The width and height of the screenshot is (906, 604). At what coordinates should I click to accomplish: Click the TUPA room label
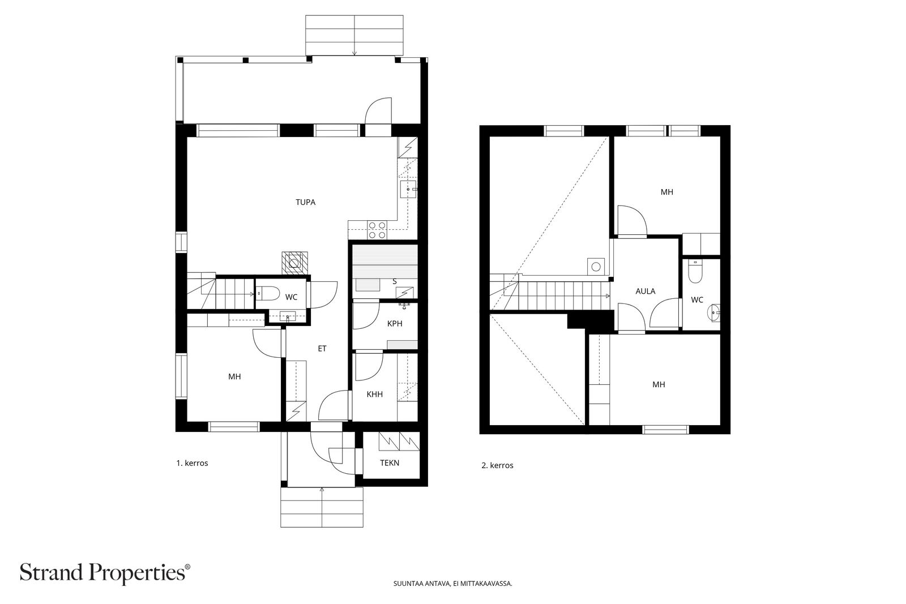coord(305,202)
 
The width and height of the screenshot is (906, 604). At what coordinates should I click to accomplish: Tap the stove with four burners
coord(377,230)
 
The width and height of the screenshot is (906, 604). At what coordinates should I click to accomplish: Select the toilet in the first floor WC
coord(267,294)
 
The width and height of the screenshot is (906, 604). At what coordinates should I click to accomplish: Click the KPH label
coord(395,324)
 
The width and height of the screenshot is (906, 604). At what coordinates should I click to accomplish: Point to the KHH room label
coord(374,394)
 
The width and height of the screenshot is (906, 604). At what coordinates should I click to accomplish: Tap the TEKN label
coord(390,463)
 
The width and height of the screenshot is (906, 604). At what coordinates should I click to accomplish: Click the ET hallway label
coord(322,349)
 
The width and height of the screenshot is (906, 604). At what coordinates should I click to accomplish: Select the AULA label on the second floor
coord(645,291)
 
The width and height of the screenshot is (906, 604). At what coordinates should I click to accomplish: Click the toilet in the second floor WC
coord(695,272)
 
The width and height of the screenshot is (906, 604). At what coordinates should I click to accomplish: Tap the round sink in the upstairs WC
coord(714,313)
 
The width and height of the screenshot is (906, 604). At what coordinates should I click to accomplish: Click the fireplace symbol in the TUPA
coord(294,263)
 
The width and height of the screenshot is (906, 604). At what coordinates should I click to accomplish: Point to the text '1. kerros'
coord(192,463)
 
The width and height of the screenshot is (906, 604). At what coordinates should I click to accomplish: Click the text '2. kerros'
coord(497,465)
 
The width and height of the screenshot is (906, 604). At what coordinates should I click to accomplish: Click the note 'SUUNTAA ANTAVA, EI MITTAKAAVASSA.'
coord(452,584)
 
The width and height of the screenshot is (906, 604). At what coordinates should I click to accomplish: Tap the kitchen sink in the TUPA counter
coord(408,189)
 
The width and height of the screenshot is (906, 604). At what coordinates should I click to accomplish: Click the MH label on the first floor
coord(234,377)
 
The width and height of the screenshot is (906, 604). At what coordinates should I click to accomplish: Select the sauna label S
coord(395,282)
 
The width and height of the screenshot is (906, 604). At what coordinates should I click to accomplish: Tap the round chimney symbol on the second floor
coord(595,267)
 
